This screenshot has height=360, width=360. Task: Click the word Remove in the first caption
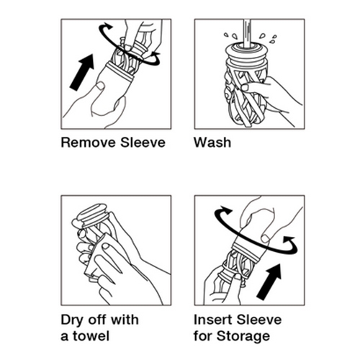tap(89, 143)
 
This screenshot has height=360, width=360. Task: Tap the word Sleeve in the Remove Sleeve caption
tap(143, 143)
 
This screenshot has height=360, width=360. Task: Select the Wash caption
tap(212, 143)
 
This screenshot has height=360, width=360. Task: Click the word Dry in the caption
tap(72, 320)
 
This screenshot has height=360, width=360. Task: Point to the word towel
tap(91, 336)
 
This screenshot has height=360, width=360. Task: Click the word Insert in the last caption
tap(213, 320)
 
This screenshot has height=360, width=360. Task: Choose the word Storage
tap(243, 336)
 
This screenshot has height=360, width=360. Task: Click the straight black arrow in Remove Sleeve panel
tap(82, 71)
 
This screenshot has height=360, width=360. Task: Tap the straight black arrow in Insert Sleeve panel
tap(269, 282)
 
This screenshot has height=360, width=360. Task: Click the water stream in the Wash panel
tap(247, 34)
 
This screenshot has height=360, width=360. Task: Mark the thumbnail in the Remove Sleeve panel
tap(100, 86)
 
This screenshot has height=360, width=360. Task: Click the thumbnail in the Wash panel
tap(245, 87)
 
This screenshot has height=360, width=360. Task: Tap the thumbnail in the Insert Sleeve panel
tap(265, 238)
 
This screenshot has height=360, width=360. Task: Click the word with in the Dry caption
tap(125, 320)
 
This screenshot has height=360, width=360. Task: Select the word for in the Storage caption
tap(202, 336)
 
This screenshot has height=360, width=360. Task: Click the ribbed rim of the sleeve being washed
tap(247, 55)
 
